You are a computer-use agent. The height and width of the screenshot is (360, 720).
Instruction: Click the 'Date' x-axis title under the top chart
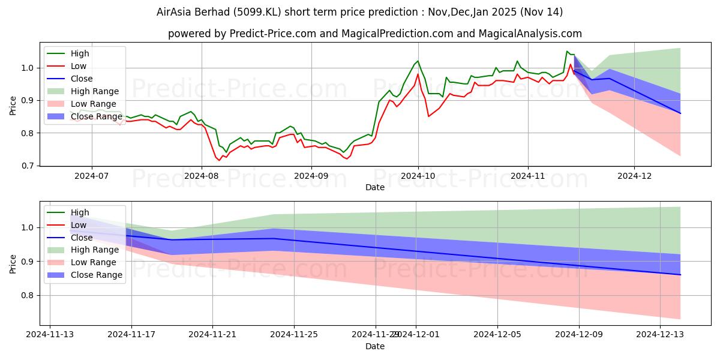tap(375, 187)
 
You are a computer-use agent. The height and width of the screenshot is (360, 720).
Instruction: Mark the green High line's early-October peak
tap(418, 61)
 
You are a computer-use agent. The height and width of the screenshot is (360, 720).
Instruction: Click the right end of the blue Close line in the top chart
tap(680, 113)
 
